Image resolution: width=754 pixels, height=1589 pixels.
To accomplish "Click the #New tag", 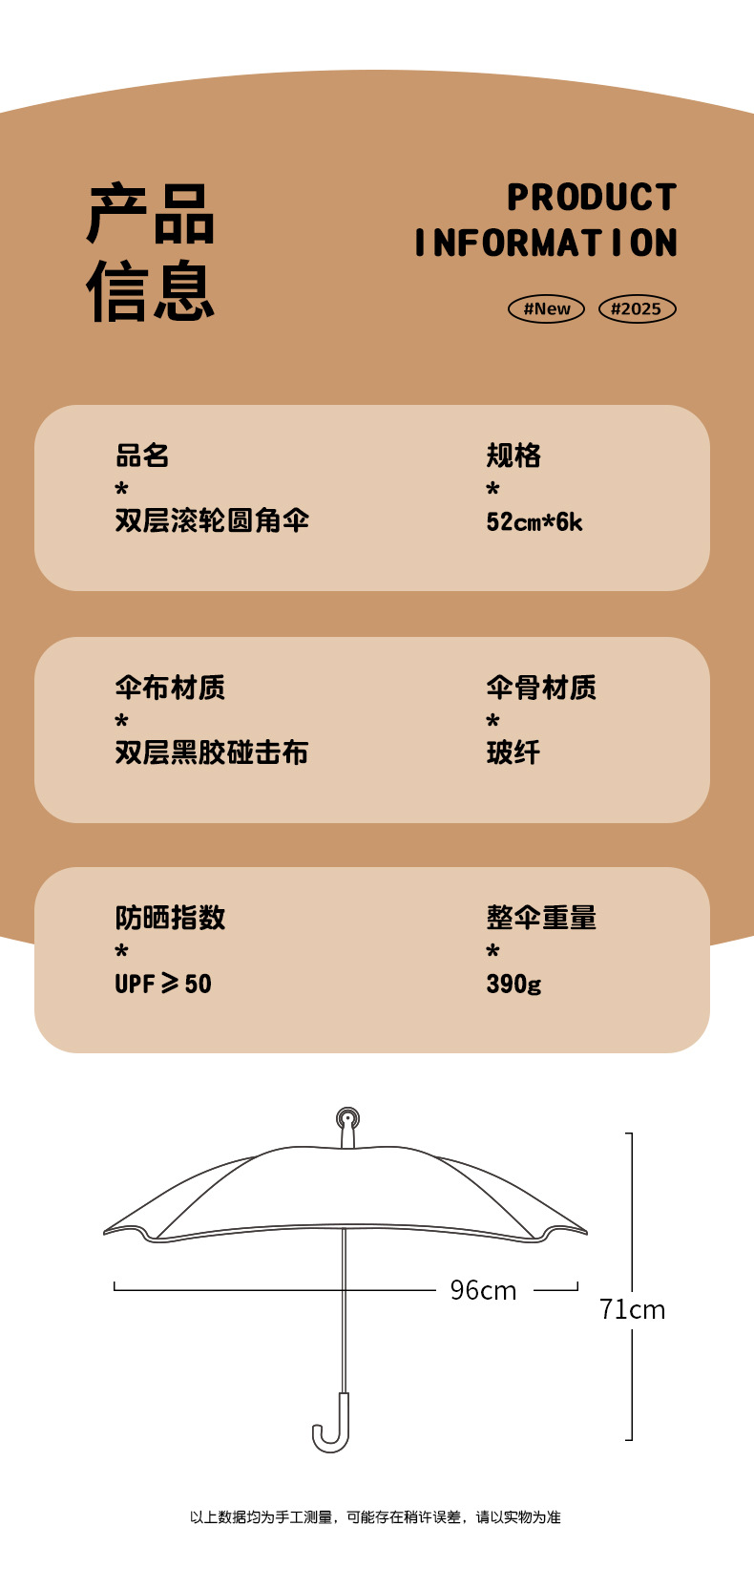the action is [546, 308].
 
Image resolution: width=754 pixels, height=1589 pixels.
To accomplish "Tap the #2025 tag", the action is [637, 308].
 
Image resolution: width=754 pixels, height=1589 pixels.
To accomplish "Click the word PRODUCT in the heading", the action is [592, 198].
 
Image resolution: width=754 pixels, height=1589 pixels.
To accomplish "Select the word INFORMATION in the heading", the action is [546, 243].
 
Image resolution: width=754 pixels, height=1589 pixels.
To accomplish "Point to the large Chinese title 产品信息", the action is [151, 252].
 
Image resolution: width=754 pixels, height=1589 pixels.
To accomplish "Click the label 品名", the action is [142, 456].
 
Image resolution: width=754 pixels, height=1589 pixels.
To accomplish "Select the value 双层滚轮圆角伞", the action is [212, 520].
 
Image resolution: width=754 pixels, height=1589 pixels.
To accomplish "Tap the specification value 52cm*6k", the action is [534, 521].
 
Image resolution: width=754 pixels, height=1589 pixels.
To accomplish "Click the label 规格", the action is [513, 456].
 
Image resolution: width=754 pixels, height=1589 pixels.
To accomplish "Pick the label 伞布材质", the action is [170, 688].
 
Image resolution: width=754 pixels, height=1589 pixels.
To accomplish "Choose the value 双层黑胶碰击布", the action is [212, 752].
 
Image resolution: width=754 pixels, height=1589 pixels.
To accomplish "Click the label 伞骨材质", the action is [541, 688].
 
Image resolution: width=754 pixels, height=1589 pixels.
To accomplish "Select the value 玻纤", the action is [513, 752].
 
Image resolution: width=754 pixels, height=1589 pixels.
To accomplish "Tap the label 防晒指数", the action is [170, 918].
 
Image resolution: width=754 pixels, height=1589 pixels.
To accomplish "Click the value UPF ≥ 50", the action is [163, 984].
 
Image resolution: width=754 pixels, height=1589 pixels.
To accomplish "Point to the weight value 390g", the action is [513, 984].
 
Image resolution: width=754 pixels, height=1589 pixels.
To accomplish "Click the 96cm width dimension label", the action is [483, 1290].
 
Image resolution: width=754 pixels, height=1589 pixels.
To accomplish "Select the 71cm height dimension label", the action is [632, 1309].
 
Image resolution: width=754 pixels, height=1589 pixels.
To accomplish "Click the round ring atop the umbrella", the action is [347, 1118].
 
